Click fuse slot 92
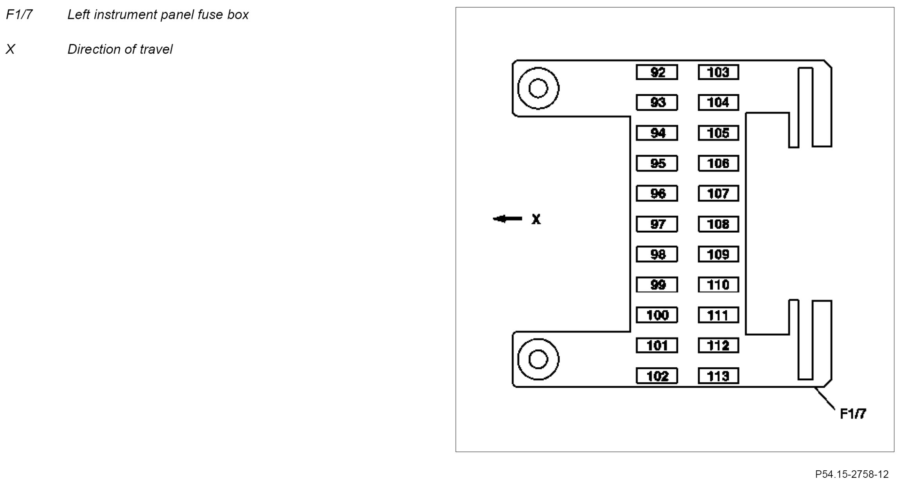(x=657, y=72)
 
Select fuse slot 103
(x=718, y=72)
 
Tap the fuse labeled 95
(x=657, y=163)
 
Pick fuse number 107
(x=718, y=193)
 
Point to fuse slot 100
(x=657, y=315)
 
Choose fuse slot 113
(x=718, y=376)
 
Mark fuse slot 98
(x=657, y=255)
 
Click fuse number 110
(x=718, y=285)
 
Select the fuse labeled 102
(x=657, y=376)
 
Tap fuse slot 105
(x=718, y=133)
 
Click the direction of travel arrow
(x=507, y=219)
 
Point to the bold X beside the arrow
(x=536, y=219)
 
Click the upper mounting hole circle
(x=538, y=88)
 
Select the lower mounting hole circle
(x=538, y=359)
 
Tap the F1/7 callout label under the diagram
(x=853, y=414)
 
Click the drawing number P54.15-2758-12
(x=852, y=474)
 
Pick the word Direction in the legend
(x=92, y=49)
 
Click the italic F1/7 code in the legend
(x=19, y=15)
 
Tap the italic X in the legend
(x=11, y=49)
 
